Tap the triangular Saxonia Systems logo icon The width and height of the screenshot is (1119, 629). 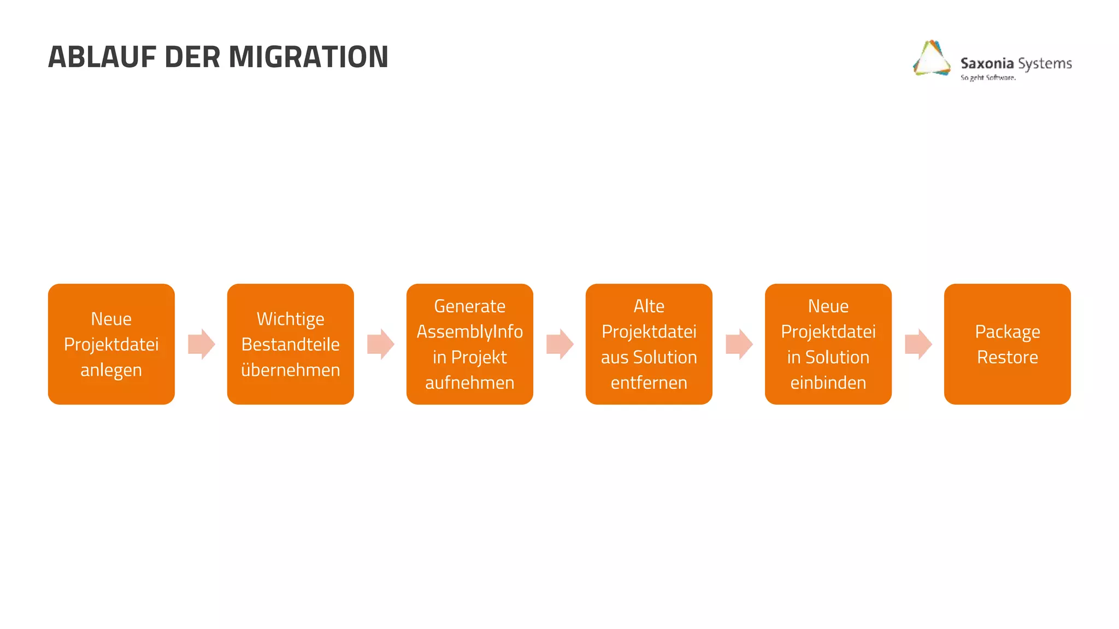932,58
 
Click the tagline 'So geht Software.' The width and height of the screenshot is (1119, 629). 988,78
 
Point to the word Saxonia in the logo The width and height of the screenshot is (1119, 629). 987,63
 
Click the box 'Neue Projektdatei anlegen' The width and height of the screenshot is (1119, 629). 111,344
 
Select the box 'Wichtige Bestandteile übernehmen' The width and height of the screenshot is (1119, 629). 291,344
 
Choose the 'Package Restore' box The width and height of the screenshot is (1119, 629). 1008,344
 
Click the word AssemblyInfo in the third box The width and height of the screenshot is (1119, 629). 470,331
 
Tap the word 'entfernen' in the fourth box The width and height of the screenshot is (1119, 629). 649,383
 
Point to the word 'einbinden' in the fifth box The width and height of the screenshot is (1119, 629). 828,383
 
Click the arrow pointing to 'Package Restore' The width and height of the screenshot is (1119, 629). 918,344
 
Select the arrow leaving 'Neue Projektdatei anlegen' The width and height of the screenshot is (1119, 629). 202,344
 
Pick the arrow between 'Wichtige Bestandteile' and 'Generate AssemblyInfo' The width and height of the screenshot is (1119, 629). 381,344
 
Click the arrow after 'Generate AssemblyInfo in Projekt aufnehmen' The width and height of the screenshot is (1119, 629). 560,344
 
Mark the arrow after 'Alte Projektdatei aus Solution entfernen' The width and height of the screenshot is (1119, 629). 739,344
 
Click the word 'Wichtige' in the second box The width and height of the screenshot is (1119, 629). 291,319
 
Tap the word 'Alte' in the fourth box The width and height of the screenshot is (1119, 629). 649,306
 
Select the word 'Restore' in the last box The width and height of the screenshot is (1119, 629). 1008,357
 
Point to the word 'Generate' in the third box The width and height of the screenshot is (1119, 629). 470,306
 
